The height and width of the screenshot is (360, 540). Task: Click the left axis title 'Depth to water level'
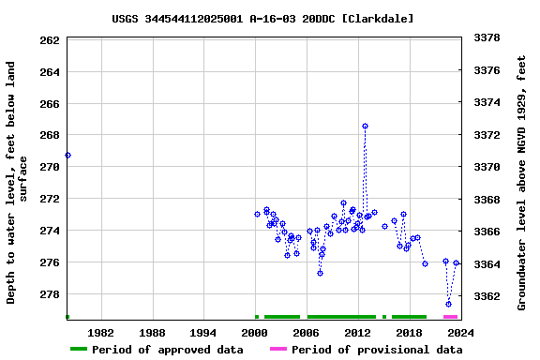17,183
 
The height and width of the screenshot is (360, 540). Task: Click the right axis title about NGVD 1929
523,183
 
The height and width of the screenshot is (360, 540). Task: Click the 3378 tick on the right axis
487,37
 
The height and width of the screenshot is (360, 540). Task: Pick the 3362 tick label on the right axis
487,296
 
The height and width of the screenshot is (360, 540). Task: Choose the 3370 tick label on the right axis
487,167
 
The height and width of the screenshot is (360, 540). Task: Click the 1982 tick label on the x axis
100,333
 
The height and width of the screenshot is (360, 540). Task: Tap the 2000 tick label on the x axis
255,333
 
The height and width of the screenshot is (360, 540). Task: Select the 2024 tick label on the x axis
460,333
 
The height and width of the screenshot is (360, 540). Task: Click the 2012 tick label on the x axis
357,333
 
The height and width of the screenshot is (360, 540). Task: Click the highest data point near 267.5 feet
365,126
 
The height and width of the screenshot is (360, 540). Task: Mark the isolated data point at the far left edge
67,155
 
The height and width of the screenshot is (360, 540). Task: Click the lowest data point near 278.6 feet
449,304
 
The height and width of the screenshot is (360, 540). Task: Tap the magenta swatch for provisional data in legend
278,350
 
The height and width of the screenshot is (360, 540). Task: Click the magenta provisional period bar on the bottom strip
451,317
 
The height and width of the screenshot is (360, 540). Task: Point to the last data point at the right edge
457,263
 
